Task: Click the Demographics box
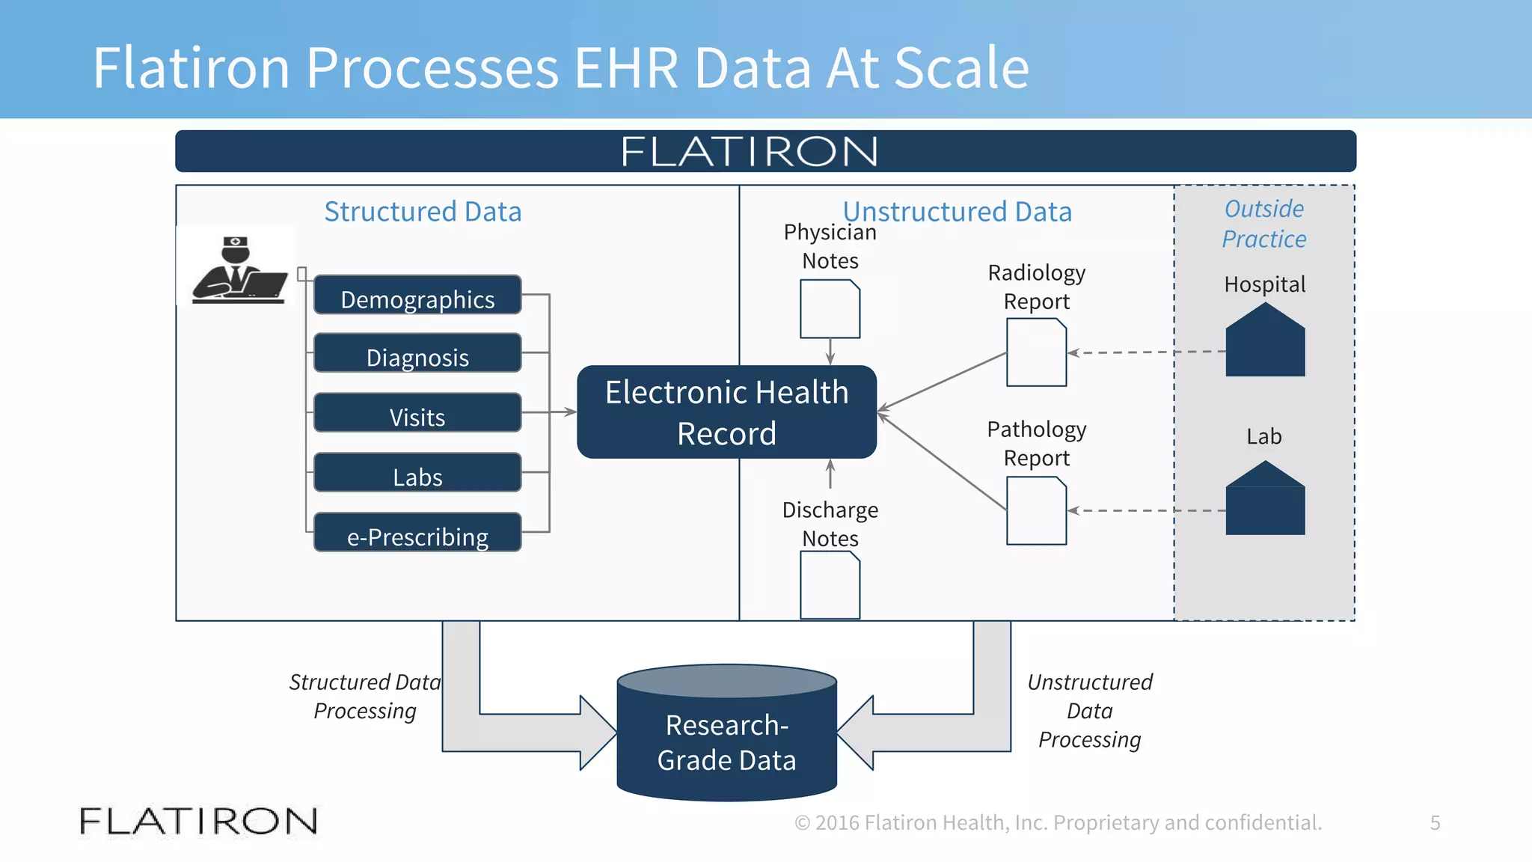417,295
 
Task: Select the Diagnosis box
417,353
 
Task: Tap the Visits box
417,413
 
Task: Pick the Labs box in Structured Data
417,473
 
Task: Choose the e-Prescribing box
417,533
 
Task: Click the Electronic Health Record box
726,412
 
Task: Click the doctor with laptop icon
239,269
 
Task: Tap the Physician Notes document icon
830,309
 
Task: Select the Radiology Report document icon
1036,352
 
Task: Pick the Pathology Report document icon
1036,511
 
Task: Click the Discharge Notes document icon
830,585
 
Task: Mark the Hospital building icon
1265,340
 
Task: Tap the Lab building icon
1265,498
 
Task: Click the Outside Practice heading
1264,224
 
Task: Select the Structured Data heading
423,212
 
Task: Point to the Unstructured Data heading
957,212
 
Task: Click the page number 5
1435,822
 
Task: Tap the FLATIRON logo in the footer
198,821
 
